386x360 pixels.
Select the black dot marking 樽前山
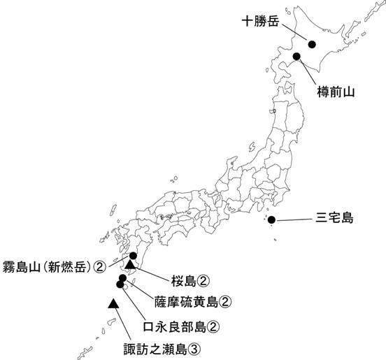point(296,57)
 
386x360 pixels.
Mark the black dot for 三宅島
point(271,221)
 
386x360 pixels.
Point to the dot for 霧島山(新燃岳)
point(133,256)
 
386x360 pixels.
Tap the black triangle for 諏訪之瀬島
point(113,303)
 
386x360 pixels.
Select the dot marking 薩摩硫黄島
point(123,278)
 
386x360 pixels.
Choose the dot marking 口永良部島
point(120,285)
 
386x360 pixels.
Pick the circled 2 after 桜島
point(203,281)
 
